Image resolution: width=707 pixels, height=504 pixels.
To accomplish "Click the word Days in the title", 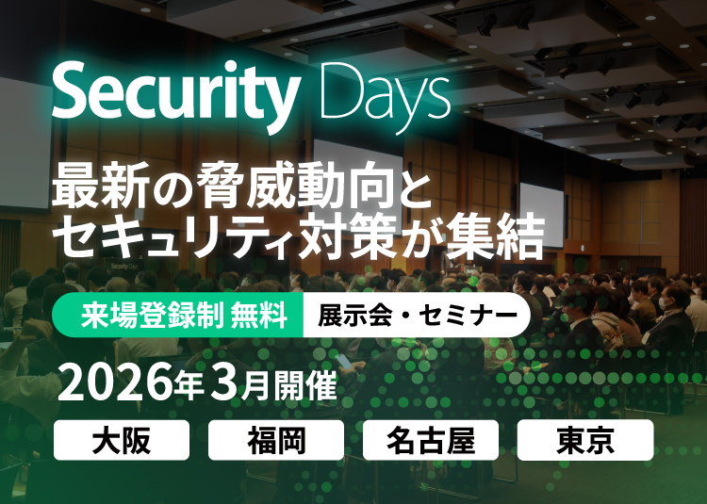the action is click(385, 98).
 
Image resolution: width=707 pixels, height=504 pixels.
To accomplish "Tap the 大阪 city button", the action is click(122, 440).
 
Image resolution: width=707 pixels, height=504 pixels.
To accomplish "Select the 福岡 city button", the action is click(276, 440).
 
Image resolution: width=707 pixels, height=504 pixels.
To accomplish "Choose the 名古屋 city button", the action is click(431, 440).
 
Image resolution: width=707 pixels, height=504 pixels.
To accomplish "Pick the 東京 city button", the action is click(585, 440).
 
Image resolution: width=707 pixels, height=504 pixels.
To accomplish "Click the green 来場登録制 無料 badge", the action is click(178, 315).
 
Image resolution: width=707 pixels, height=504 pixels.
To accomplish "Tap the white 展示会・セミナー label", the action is click(417, 315).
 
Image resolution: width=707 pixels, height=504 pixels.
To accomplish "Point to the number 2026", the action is click(115, 385).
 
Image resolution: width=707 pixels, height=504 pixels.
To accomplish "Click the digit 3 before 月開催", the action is click(224, 385).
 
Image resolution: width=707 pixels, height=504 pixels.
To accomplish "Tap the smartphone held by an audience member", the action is click(343, 361).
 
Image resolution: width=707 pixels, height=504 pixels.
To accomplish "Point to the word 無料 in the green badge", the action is click(259, 315).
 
